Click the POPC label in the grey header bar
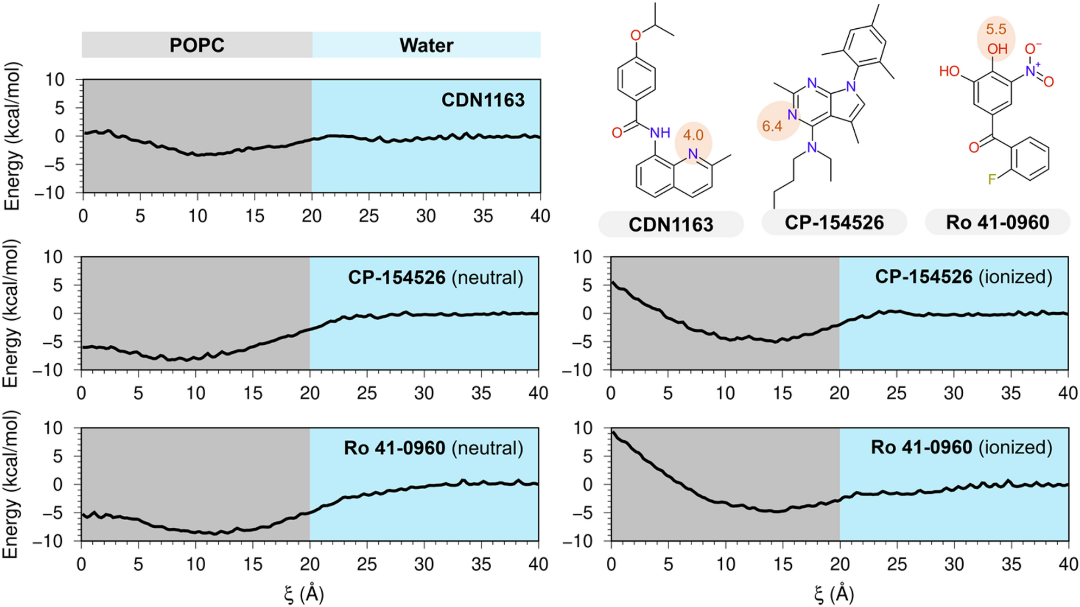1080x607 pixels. pyautogui.click(x=197, y=45)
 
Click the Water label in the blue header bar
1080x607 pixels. pyautogui.click(x=426, y=45)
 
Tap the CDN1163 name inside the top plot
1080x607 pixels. pyautogui.click(x=482, y=100)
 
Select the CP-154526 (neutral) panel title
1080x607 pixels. pyautogui.click(x=435, y=277)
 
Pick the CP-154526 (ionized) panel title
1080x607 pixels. pyautogui.click(x=963, y=277)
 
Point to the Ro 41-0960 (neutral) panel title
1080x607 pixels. pyautogui.click(x=433, y=448)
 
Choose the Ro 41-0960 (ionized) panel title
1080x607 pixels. pyautogui.click(x=961, y=447)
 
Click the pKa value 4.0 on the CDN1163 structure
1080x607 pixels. pyautogui.click(x=693, y=135)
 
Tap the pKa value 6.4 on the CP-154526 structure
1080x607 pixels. pyautogui.click(x=772, y=126)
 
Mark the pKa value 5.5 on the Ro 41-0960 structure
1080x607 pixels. pyautogui.click(x=996, y=29)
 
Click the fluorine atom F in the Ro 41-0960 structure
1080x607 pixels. pyautogui.click(x=992, y=179)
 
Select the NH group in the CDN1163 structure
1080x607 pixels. pyautogui.click(x=660, y=133)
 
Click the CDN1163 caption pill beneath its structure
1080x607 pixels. pyautogui.click(x=671, y=224)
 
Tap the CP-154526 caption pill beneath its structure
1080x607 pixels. pyautogui.click(x=834, y=223)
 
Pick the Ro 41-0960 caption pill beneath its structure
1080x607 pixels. pyautogui.click(x=998, y=223)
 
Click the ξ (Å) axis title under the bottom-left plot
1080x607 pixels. pyautogui.click(x=304, y=594)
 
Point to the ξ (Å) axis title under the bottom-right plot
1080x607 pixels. pyautogui.click(x=834, y=594)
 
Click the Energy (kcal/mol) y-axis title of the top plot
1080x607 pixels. pyautogui.click(x=12, y=136)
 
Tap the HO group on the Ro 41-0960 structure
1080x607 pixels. pyautogui.click(x=949, y=71)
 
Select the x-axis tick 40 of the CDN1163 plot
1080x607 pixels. pyautogui.click(x=540, y=216)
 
